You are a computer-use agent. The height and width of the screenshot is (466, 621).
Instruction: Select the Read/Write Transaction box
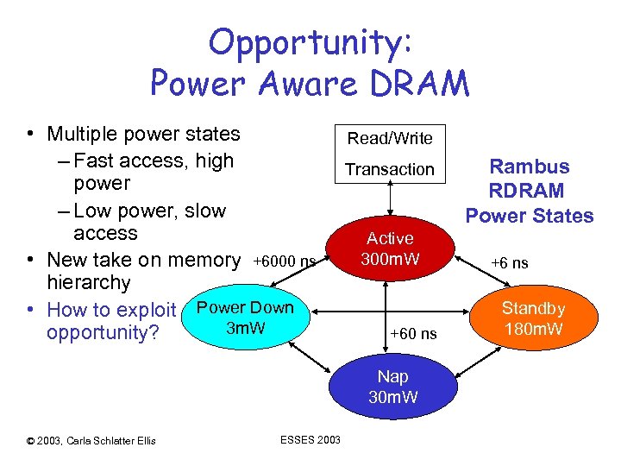390,153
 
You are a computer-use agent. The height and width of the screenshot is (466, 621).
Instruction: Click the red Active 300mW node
390,248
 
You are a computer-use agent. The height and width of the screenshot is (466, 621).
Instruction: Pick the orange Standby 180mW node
533,318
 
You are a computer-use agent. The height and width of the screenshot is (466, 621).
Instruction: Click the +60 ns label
413,334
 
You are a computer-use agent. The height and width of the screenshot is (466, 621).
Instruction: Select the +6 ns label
509,262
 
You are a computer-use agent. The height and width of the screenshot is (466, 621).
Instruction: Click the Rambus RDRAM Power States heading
530,191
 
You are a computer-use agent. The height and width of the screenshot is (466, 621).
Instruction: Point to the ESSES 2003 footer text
310,440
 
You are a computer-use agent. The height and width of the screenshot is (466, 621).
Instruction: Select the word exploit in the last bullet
146,309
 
